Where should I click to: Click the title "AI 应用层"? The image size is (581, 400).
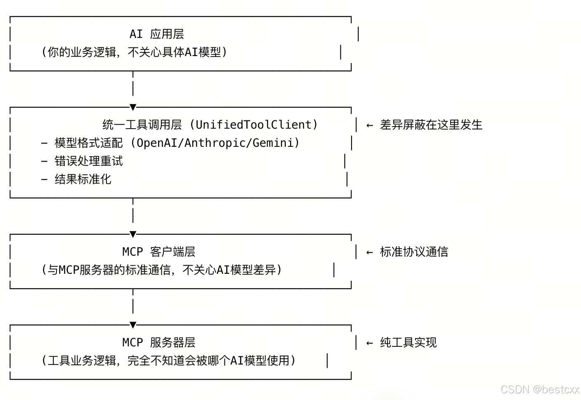pos(157,34)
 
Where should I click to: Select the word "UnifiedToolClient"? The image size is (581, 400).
pos(253,125)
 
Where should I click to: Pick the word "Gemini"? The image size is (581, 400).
pos(273,143)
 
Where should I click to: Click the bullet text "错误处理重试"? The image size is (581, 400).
pos(89,161)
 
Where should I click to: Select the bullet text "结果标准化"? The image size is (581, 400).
pos(83,179)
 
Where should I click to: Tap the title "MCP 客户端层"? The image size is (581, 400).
pos(159,252)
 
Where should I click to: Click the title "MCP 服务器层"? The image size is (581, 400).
pos(159,342)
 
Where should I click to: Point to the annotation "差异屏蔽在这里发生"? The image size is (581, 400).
pos(431,125)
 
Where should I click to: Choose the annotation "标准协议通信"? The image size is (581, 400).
pos(414,252)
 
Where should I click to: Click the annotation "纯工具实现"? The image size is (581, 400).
pos(408,342)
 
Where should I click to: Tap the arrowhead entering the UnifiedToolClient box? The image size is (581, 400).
pos(133,108)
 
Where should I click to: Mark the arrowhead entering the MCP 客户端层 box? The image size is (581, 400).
pos(133,235)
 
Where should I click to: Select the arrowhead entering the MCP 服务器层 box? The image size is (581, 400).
pos(133,325)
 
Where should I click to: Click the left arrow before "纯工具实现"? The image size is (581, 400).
pos(370,343)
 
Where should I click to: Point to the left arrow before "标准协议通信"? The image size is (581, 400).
pos(370,252)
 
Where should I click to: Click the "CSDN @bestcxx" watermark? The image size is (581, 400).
pos(540,389)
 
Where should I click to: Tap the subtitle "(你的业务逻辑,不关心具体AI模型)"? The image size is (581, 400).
pos(134,52)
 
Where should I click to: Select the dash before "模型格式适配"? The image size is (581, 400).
pos(45,143)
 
